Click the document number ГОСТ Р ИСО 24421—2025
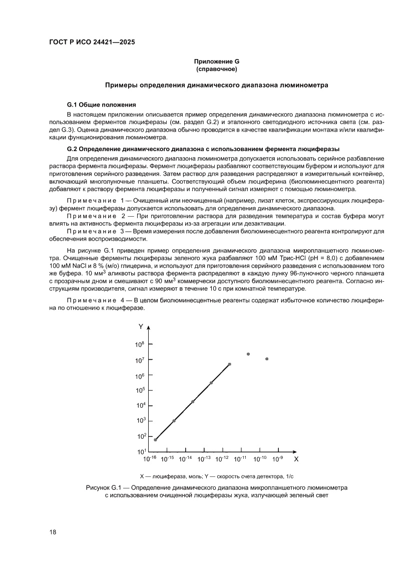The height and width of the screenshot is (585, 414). point(92,42)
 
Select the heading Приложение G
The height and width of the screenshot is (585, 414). point(216,62)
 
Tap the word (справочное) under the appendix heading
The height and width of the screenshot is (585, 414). point(216,69)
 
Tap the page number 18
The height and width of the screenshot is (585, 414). point(53,532)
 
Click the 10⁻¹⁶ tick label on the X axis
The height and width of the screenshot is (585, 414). point(150,458)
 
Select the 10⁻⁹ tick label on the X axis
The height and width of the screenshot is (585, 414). point(278,458)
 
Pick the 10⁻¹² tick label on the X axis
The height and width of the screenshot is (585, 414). point(222,458)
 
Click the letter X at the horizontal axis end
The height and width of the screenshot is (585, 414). point(296,458)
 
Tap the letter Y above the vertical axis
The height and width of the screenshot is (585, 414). point(141,326)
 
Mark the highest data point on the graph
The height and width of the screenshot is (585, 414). point(248,354)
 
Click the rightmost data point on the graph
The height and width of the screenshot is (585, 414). point(267,359)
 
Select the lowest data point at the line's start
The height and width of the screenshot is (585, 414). point(155,440)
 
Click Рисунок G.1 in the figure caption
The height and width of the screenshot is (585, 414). point(104,487)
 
